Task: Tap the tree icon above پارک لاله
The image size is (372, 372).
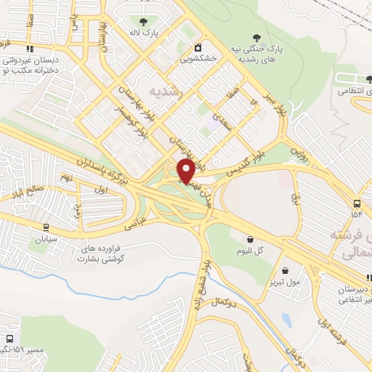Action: tap(142, 22)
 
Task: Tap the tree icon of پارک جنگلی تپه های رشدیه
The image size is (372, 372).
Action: tap(256, 37)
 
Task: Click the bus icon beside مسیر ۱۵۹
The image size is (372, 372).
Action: tap(9, 339)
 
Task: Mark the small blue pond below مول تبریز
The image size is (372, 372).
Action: tap(286, 320)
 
